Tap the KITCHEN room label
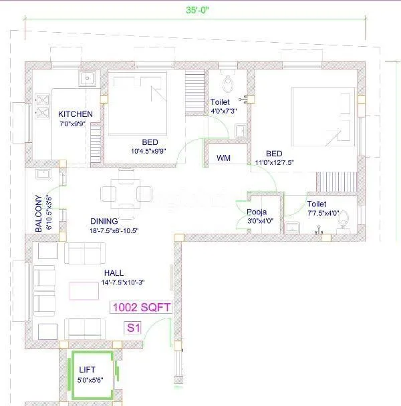tap(75, 114)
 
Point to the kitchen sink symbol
tap(86, 79)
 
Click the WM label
tap(223, 159)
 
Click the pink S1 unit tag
tap(134, 328)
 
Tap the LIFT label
tap(88, 369)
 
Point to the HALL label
tap(114, 273)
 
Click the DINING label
tap(104, 221)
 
